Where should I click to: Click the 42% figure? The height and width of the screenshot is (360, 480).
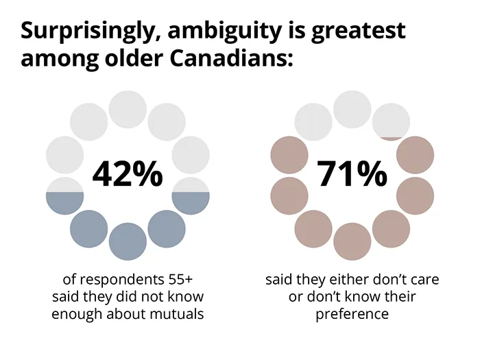tap(128, 175)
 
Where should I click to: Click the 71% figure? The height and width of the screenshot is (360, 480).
tap(352, 175)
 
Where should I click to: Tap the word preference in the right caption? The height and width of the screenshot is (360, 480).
tap(352, 314)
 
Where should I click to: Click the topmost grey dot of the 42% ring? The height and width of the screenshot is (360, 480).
tap(128, 108)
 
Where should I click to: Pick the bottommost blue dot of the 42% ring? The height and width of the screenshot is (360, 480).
tap(128, 241)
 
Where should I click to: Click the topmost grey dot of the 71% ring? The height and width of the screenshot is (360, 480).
tap(352, 108)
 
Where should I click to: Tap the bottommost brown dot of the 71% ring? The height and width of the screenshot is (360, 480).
tap(352, 241)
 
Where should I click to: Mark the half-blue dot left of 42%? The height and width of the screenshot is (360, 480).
tap(64, 195)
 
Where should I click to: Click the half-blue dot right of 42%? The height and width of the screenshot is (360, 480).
tap(190, 195)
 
